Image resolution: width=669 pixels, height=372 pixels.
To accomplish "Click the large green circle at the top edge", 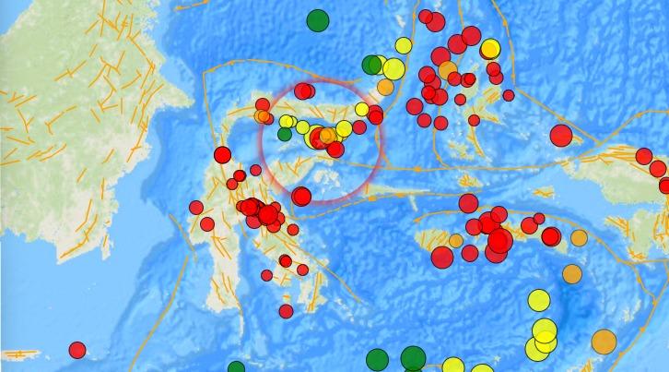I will click(318, 20).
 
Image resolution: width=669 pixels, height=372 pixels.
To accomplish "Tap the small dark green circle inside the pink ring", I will click(285, 134).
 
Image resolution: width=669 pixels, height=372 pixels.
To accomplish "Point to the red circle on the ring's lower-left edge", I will click(301, 196).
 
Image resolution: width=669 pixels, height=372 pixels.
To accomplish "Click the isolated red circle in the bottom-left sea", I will click(77, 350).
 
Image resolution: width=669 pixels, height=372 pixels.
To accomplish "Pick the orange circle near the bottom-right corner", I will click(604, 342).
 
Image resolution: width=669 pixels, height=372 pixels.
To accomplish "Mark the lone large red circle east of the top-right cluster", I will click(561, 136).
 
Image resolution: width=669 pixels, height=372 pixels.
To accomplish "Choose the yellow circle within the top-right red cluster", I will click(490, 49).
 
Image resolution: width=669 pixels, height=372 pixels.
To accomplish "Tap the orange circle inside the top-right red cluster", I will click(448, 70).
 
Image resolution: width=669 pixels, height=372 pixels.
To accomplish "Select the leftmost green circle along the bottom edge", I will click(237, 368).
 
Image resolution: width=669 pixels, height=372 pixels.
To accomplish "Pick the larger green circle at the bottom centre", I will click(413, 357).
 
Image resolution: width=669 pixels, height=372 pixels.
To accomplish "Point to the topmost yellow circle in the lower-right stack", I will click(539, 300).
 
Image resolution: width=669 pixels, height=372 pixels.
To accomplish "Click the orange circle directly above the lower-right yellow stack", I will click(572, 273).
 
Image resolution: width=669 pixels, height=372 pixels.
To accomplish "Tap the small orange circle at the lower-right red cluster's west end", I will click(455, 241).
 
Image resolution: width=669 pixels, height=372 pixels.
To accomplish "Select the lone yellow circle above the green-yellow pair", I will click(403, 45).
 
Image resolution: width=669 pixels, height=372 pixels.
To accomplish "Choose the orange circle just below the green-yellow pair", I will click(385, 87).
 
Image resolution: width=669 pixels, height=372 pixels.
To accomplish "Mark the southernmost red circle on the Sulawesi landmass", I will click(286, 311).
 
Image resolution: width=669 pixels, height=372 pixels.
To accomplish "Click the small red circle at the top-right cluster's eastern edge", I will click(509, 95).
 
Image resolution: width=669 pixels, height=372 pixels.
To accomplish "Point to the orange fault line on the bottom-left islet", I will click(22, 354).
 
